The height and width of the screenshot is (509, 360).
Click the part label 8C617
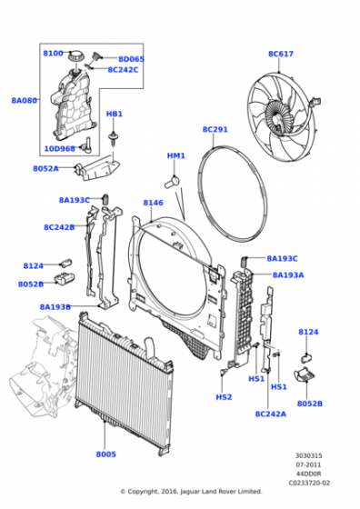pyautogui.click(x=280, y=54)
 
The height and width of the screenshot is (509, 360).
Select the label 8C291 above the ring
pyautogui.click(x=215, y=130)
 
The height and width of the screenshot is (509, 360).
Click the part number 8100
pyautogui.click(x=54, y=54)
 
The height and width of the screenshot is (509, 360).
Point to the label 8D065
pyautogui.click(x=131, y=59)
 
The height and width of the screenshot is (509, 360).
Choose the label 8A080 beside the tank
pyautogui.click(x=24, y=101)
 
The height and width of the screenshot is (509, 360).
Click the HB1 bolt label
pyautogui.click(x=114, y=115)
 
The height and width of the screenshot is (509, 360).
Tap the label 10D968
pyautogui.click(x=59, y=148)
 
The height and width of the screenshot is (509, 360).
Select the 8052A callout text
pyautogui.click(x=45, y=168)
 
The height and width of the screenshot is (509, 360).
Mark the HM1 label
pyautogui.click(x=175, y=155)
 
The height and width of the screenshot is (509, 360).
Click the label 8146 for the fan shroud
pyautogui.click(x=153, y=203)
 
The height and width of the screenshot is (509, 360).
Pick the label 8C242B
pyautogui.click(x=59, y=227)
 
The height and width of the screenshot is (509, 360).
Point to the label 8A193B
pyautogui.click(x=55, y=306)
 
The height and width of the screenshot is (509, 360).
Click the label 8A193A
pyautogui.click(x=288, y=274)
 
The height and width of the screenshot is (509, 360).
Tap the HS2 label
pyautogui.click(x=224, y=397)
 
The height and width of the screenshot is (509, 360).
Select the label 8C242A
pyautogui.click(x=270, y=414)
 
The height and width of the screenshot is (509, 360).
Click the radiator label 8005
pyautogui.click(x=106, y=454)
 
